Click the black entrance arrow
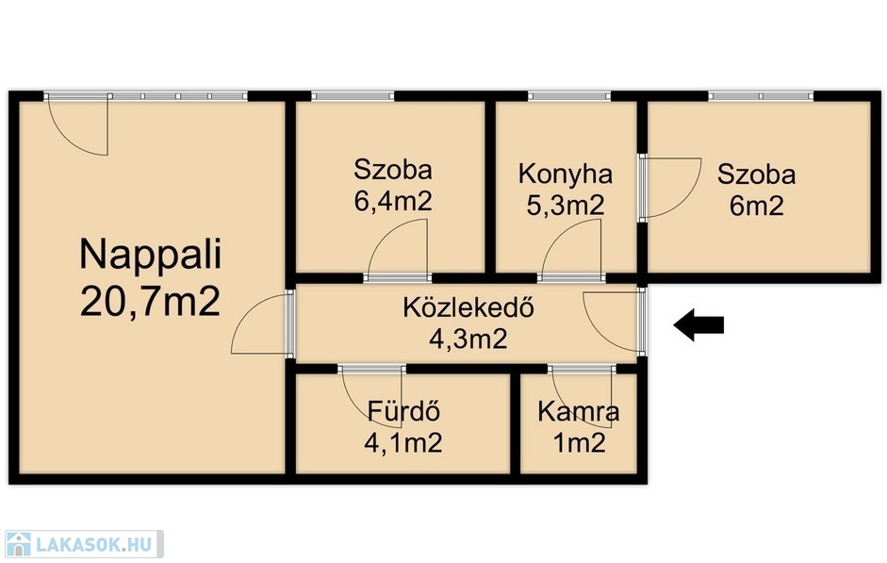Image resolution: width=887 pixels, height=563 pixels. [698, 324]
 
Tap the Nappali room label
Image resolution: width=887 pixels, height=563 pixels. [151, 256]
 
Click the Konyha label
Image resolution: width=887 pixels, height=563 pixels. [566, 174]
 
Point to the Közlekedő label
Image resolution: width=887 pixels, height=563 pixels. [468, 307]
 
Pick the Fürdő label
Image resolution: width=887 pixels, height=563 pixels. [403, 411]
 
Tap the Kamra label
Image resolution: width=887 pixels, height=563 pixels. [578, 411]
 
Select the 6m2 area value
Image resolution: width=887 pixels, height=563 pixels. [756, 205]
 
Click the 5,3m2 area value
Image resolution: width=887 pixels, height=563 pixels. [566, 205]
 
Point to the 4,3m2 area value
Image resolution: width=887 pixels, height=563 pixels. [468, 339]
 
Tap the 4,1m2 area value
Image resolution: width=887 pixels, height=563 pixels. [403, 442]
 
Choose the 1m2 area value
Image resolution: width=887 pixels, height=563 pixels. [579, 442]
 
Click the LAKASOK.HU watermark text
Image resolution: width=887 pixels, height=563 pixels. [94, 544]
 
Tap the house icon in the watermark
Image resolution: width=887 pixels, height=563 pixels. [18, 544]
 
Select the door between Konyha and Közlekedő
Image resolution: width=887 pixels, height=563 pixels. [571, 249]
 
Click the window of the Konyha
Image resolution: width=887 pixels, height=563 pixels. [569, 96]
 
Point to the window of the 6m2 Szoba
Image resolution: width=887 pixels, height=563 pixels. [761, 96]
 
